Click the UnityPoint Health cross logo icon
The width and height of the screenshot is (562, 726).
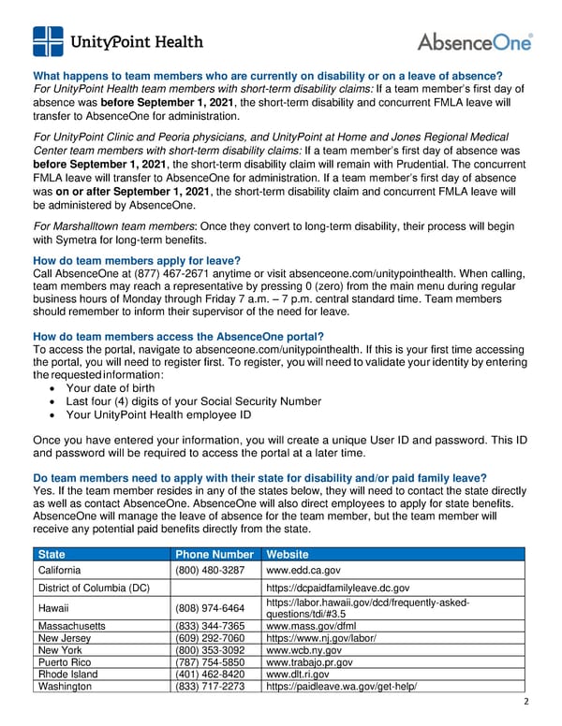click(x=49, y=42)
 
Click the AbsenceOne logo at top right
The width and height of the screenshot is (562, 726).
click(x=474, y=42)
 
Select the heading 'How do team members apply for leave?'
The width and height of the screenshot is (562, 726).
click(x=137, y=261)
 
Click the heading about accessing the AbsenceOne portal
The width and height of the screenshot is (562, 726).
click(x=178, y=337)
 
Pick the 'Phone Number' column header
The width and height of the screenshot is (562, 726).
click(x=214, y=554)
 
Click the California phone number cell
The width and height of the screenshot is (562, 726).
click(x=211, y=570)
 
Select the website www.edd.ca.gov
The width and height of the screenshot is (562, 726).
click(x=303, y=570)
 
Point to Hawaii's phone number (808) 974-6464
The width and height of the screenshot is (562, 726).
click(x=211, y=607)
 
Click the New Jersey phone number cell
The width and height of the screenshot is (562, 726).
click(x=211, y=638)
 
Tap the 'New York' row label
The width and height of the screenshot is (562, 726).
click(x=61, y=650)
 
